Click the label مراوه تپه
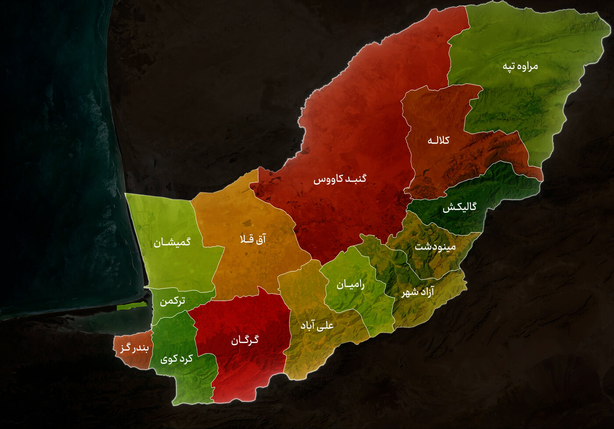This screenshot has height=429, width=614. click(520, 67)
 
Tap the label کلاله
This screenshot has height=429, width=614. click(439, 141)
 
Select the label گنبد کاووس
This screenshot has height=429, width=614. click(339, 179)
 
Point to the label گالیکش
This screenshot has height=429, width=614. click(459, 207)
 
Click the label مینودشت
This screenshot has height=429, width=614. click(435, 247)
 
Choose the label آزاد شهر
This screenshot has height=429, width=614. click(418, 292)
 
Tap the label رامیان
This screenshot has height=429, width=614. click(350, 285)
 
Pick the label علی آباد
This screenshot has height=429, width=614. click(317, 325)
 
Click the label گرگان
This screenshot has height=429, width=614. click(245, 340)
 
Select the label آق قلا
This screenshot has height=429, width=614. click(253, 239)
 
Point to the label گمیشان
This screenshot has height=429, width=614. click(172, 242)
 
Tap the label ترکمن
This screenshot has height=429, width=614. click(172, 301)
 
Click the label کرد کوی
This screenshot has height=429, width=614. click(177, 359)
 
